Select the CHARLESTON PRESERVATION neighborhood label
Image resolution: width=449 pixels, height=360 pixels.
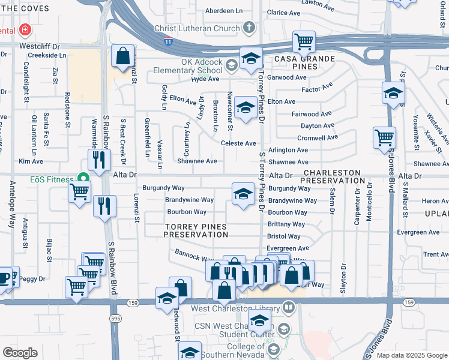(331, 176)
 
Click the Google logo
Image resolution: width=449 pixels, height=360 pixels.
(20, 353)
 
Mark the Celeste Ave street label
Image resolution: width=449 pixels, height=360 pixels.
(238, 143)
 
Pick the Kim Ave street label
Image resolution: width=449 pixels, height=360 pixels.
(31, 161)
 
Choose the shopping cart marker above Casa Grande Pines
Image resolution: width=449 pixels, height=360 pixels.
(304, 41)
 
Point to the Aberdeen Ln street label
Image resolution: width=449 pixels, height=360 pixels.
(224, 11)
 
